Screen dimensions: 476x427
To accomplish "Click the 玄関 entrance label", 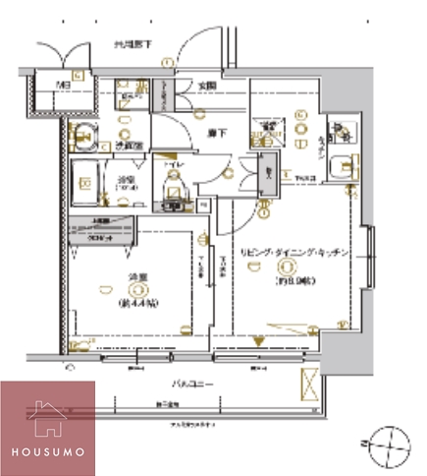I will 207,87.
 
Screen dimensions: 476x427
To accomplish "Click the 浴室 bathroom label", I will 126,179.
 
